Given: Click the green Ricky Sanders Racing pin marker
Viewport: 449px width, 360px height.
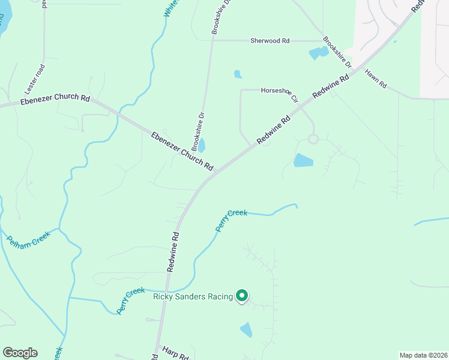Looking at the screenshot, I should (242, 295).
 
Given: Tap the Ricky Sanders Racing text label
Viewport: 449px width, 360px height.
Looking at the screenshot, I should (193, 296).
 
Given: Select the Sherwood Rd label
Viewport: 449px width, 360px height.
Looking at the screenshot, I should (270, 41).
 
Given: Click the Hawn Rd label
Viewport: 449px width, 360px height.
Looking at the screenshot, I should (375, 78).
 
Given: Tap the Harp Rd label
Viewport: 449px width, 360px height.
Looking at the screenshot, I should (175, 350).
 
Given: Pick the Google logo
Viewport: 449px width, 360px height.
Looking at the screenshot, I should (20, 353).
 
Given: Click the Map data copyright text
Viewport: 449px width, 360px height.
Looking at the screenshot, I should (423, 355).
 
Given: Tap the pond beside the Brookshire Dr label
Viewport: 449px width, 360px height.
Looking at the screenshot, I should (202, 145).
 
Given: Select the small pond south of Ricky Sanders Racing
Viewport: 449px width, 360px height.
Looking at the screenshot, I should (246, 329).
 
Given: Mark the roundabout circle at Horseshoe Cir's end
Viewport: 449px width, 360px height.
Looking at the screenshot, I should (313, 139).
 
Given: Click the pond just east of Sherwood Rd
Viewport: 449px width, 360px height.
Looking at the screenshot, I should (319, 53).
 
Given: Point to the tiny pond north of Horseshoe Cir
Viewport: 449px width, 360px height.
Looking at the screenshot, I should (238, 74).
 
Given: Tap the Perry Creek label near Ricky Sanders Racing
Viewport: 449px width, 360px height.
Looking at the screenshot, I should (131, 301).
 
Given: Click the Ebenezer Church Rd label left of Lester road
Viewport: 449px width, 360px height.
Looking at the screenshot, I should (55, 98).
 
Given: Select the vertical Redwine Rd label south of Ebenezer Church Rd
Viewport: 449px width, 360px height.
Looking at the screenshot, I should (173, 252).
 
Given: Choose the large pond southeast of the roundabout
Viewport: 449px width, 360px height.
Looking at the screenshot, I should (303, 160).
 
